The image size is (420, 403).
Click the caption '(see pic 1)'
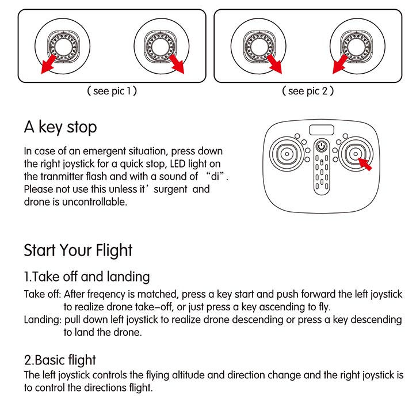pos(111,91)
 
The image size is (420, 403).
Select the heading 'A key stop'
pos(60,127)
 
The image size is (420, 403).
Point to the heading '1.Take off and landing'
pos(86,277)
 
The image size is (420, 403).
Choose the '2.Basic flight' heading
pos(60,360)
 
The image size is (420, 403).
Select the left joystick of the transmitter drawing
pos(285,154)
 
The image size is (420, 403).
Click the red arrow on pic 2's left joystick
pos(273,65)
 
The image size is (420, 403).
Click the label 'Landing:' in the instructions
pos(43,320)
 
